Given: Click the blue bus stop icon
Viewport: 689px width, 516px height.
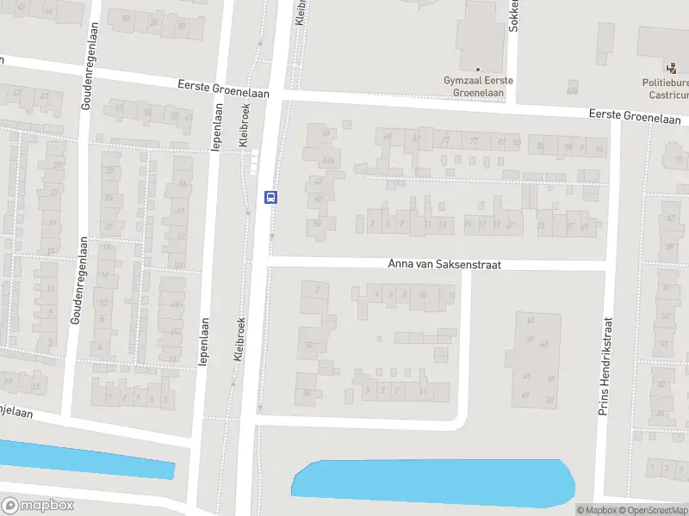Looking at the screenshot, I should point(270,197).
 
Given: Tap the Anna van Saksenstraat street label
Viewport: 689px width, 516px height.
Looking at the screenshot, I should point(444,266).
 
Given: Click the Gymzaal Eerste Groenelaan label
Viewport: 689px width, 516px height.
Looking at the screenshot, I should point(478,85).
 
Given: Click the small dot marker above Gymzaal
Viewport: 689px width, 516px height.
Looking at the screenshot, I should point(478,70).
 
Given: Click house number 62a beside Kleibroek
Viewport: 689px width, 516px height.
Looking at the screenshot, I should point(327,161).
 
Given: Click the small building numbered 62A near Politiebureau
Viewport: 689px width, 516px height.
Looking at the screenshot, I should point(571,89).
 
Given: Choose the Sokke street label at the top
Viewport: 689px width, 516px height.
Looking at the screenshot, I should point(513,17).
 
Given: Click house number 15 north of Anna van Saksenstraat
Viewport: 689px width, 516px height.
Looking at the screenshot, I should point(469,224).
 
